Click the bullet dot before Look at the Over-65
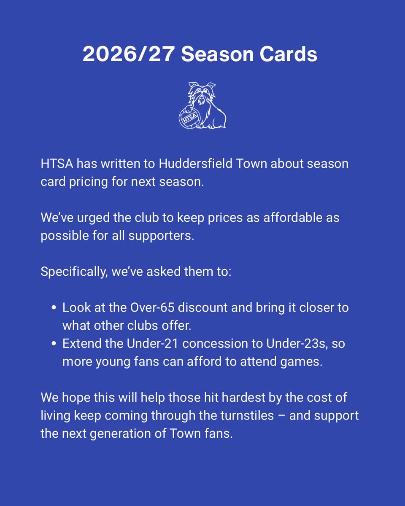coord(54,308)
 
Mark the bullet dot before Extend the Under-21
coord(54,344)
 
